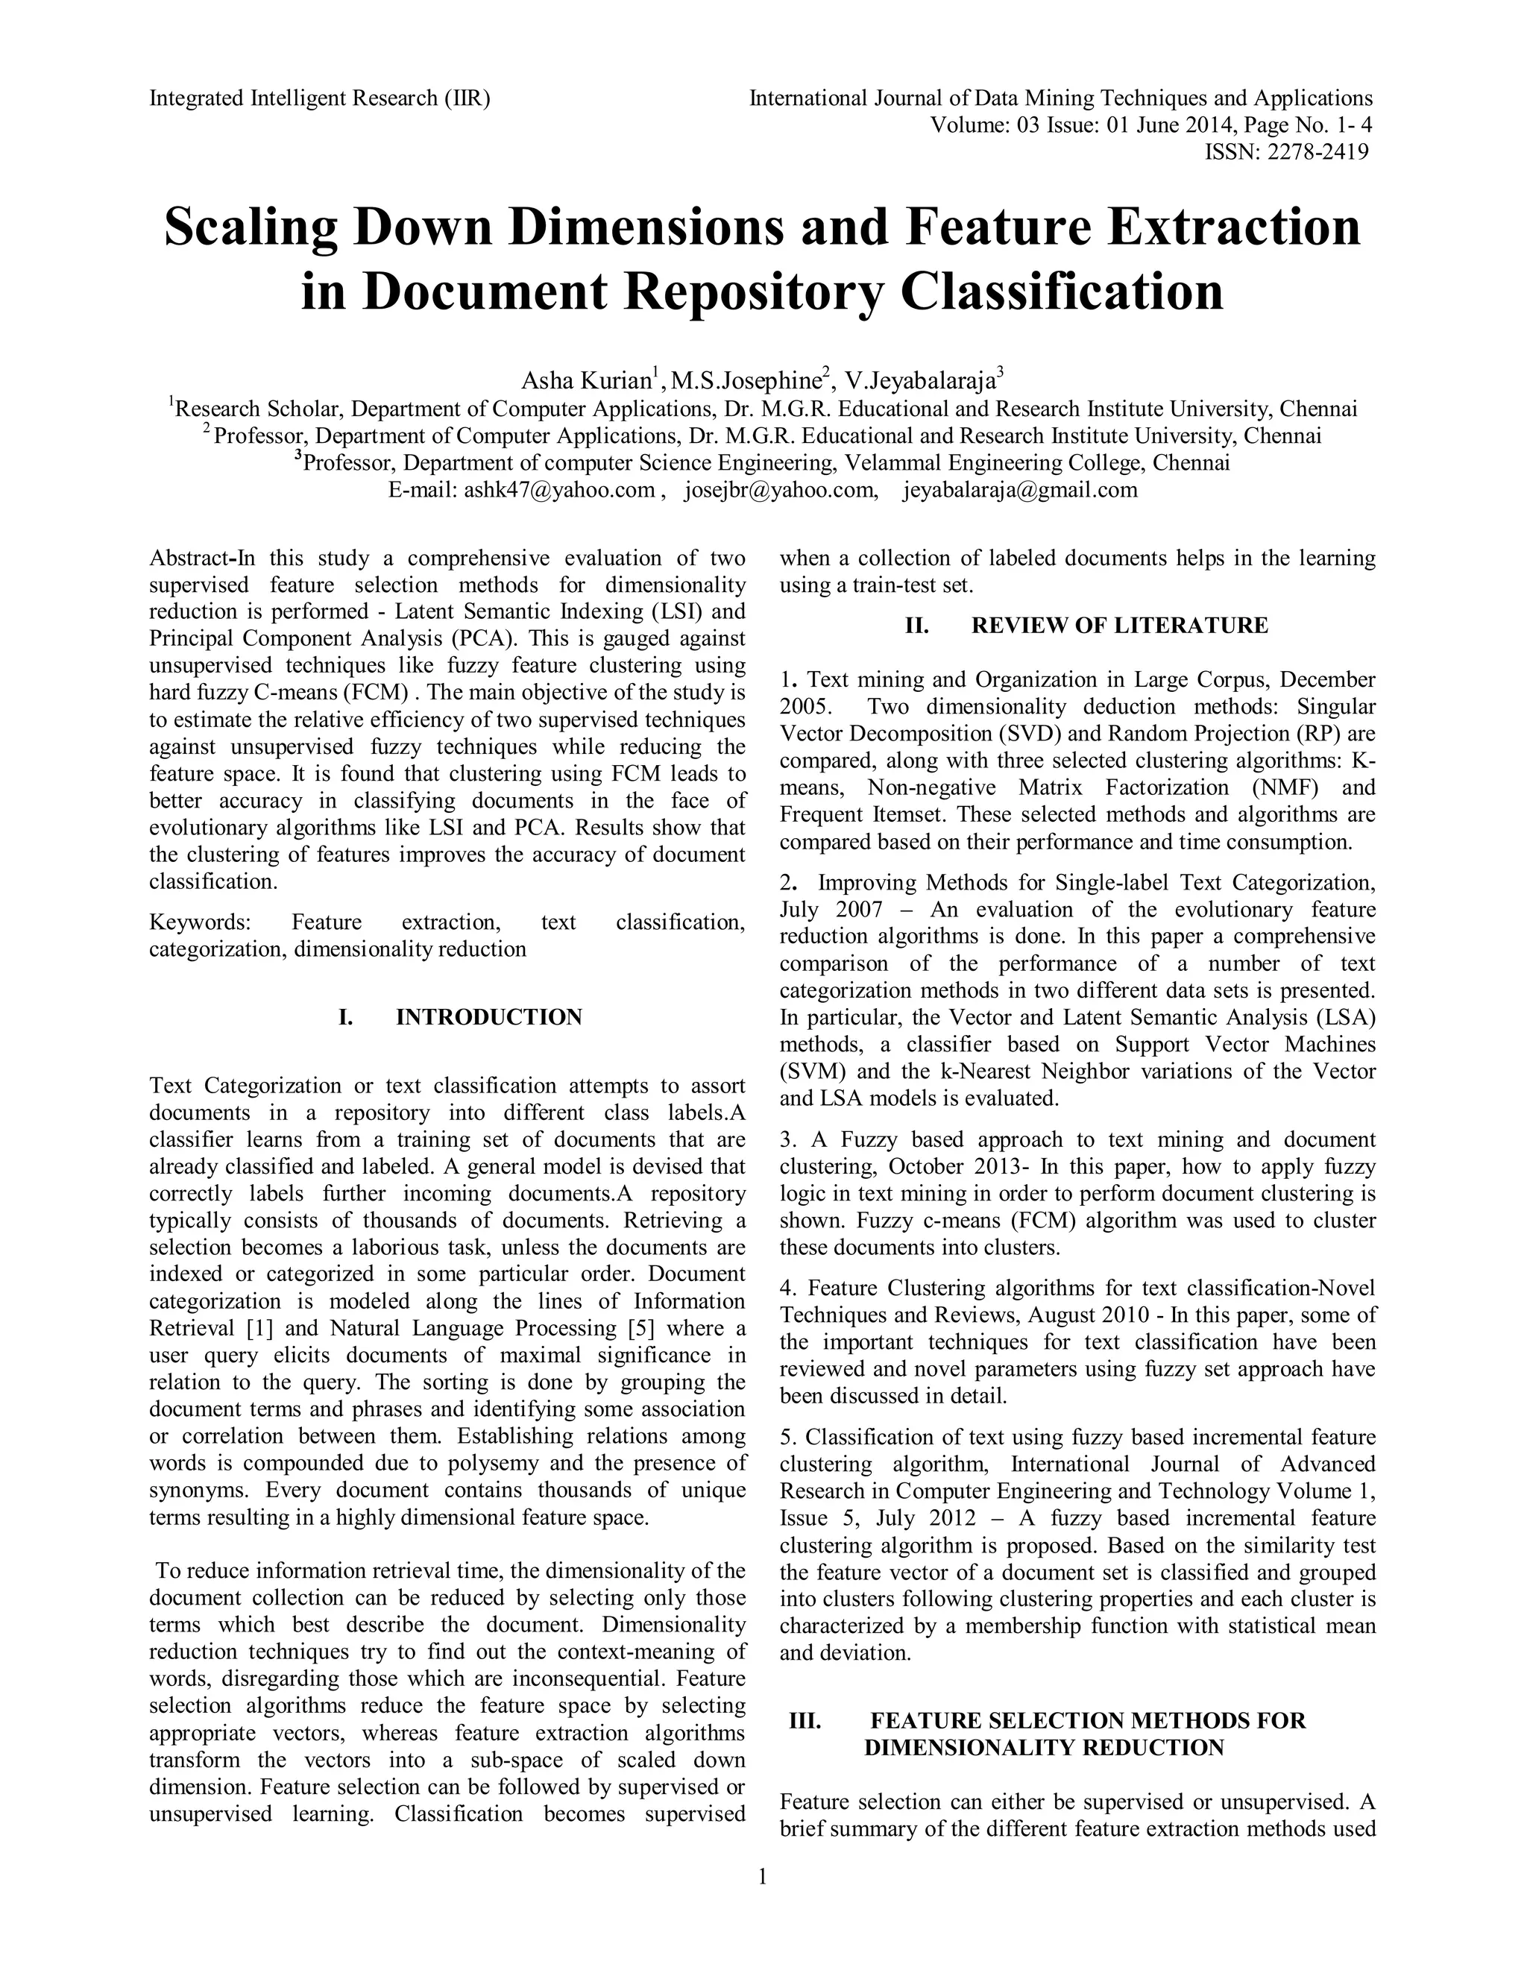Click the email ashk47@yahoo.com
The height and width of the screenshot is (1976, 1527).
click(559, 491)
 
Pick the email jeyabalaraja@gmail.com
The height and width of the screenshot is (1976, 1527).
click(1019, 491)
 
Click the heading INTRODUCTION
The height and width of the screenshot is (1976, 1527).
click(488, 1017)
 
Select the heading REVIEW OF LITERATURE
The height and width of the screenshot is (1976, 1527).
click(1119, 625)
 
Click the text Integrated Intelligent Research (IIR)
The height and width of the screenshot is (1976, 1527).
click(319, 98)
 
